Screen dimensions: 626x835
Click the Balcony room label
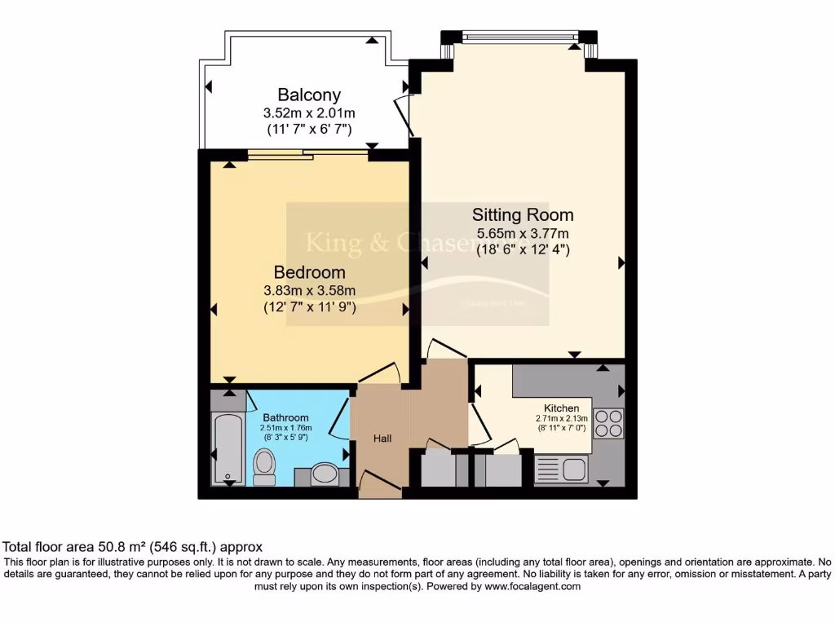click(308, 95)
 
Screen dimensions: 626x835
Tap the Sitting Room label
click(523, 215)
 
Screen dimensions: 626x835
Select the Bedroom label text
click(309, 272)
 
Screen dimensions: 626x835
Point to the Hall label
click(382, 439)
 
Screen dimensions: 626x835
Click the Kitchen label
click(562, 408)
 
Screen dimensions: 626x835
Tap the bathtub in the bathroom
click(226, 447)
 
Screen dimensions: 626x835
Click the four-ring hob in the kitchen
click(608, 423)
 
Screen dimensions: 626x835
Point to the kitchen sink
click(562, 469)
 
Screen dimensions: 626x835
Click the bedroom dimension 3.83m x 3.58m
click(309, 291)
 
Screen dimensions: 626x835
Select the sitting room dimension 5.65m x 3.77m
click(523, 234)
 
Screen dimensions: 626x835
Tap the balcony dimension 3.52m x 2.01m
click(308, 112)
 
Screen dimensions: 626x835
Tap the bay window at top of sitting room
click(519, 37)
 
